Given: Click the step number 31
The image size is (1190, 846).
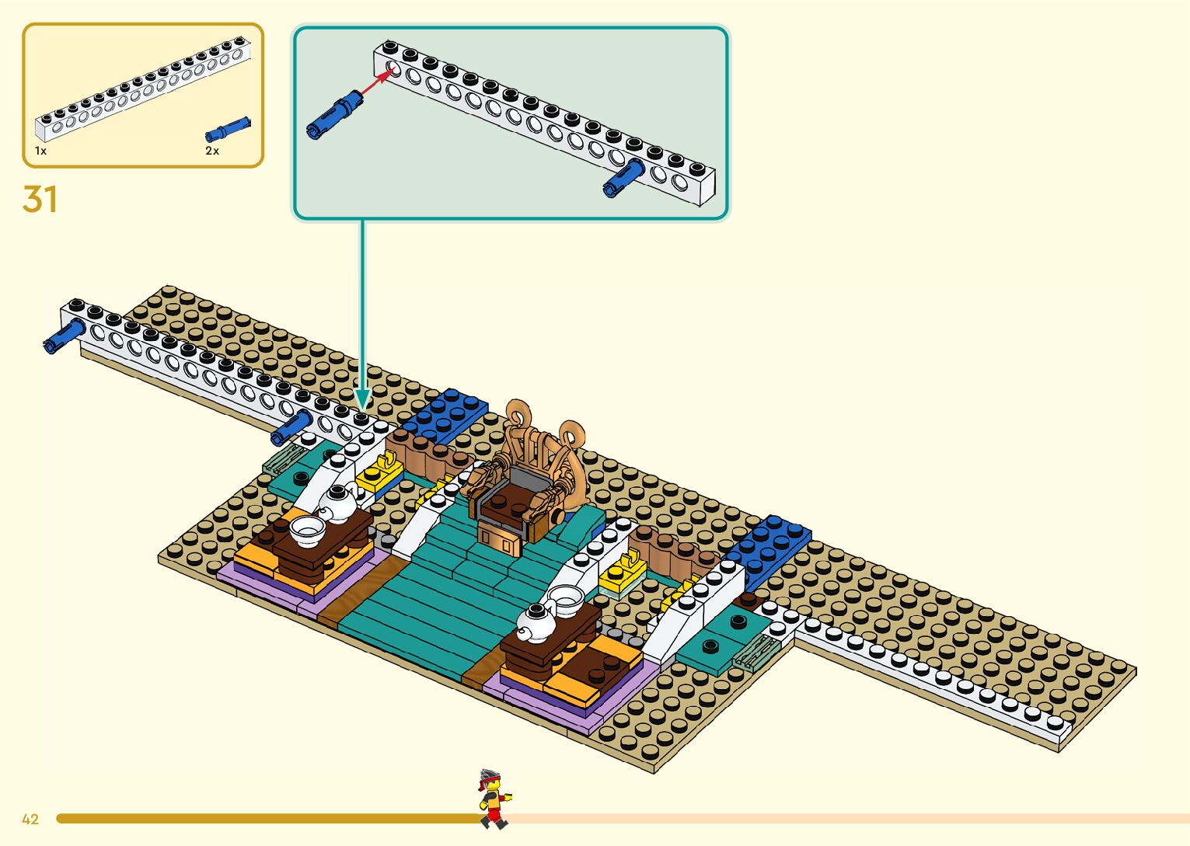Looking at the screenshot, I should point(40,200).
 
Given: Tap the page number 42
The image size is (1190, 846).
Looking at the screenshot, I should point(30,819).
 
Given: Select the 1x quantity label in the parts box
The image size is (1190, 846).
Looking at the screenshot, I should point(40,151).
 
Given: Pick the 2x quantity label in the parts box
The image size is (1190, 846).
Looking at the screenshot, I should point(212,151).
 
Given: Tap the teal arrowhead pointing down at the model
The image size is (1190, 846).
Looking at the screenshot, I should point(362,399).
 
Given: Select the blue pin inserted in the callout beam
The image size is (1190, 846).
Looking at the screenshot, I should point(623,178).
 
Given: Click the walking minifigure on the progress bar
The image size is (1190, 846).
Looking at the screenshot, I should point(492,798).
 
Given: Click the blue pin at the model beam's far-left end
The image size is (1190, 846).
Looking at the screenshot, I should point(63,336).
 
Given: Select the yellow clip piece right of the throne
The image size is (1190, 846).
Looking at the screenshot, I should point(621,573).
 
